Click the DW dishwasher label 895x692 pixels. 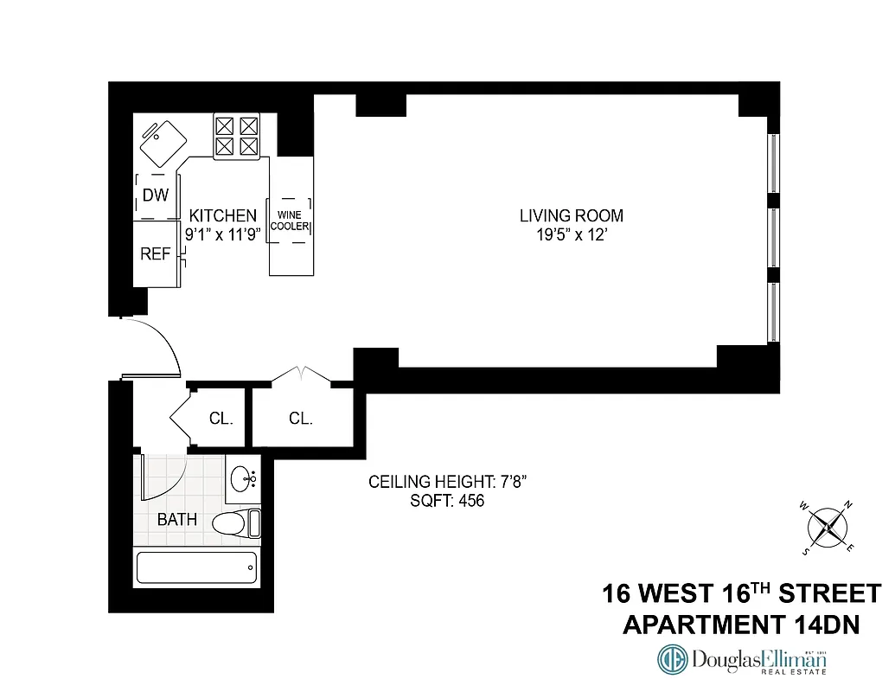[156, 196]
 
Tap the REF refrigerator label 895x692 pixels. [156, 254]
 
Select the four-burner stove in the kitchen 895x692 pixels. [237, 137]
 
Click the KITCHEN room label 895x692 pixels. [223, 215]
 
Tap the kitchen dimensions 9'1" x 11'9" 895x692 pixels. [223, 233]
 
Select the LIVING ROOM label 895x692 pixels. [571, 215]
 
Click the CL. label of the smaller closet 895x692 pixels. [221, 419]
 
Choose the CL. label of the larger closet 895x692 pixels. [301, 419]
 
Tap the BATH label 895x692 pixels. [177, 520]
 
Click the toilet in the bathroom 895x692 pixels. [233, 522]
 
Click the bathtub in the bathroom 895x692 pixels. [197, 568]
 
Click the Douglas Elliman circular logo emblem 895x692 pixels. [673, 660]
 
